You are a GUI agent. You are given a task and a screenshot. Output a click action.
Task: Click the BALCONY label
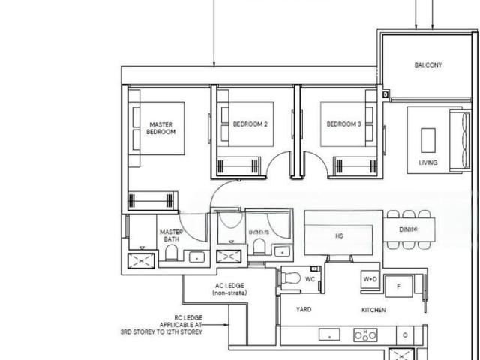[x=428, y=65]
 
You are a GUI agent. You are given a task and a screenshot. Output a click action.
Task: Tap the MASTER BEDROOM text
[x=161, y=128]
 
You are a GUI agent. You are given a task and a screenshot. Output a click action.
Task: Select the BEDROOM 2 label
[x=250, y=124]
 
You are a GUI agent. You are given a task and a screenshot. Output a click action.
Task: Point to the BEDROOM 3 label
[x=343, y=124]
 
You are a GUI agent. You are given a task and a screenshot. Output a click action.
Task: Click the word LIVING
[x=428, y=163]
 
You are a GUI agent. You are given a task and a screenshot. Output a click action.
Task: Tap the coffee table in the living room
[x=428, y=140]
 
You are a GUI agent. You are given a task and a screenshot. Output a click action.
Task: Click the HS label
[x=339, y=235]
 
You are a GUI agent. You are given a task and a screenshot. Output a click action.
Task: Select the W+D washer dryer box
[x=370, y=280]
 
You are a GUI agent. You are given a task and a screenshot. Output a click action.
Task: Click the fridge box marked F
[x=399, y=286]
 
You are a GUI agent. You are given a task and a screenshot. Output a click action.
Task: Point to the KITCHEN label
[x=373, y=310]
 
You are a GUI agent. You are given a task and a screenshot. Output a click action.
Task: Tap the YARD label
[x=304, y=310]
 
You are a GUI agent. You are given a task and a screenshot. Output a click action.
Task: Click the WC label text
[x=310, y=280]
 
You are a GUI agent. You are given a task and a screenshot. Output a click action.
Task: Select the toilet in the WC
[x=289, y=279]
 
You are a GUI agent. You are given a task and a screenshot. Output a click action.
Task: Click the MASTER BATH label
[x=171, y=235]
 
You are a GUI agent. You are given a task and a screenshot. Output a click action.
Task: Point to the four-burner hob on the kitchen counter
[x=364, y=335]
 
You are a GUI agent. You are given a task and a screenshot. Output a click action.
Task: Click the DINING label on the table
[x=408, y=229]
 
